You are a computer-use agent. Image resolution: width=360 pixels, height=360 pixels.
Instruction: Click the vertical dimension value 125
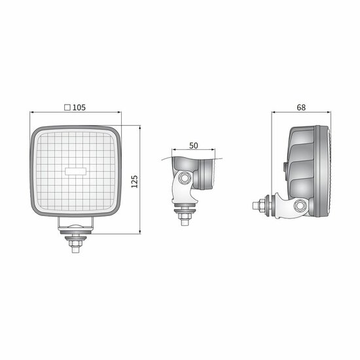click(x=134, y=181)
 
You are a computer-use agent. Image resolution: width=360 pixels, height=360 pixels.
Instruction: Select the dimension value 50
click(x=193, y=145)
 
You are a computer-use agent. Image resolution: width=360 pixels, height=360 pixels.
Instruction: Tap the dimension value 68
click(x=302, y=107)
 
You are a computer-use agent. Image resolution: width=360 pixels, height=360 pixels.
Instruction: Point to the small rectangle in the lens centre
click(x=76, y=170)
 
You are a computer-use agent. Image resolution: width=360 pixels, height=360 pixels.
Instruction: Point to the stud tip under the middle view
click(x=185, y=221)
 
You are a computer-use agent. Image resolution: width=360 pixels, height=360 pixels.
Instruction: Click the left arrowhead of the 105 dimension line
click(x=33, y=113)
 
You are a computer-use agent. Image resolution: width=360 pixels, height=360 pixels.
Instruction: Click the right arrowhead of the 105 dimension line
click(x=119, y=113)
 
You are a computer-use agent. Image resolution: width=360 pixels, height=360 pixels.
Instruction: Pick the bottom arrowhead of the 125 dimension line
click(x=139, y=232)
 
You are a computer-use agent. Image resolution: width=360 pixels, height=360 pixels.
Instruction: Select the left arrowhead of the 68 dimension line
click(x=274, y=113)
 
